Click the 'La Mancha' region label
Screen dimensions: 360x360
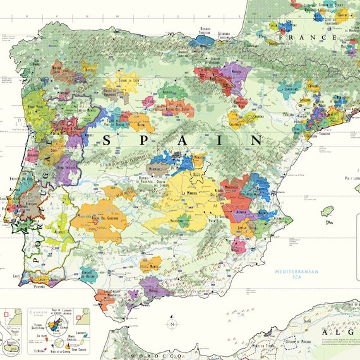pyautogui.click(x=191, y=193)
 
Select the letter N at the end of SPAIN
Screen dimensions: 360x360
pyautogui.click(x=256, y=140)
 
